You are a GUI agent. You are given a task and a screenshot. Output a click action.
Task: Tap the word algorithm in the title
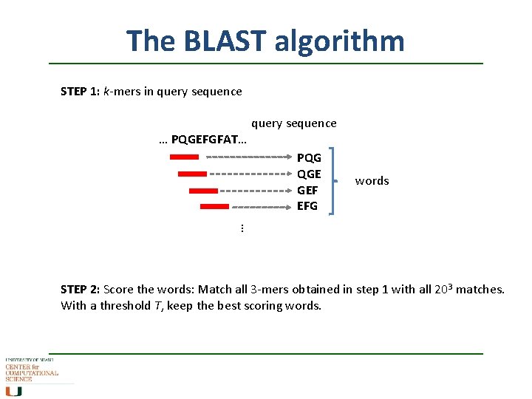coord(339,41)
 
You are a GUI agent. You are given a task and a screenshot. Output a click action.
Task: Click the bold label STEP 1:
coord(81,92)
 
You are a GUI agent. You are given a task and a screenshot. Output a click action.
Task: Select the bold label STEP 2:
coord(81,290)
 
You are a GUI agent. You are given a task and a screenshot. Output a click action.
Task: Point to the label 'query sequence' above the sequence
coord(293,123)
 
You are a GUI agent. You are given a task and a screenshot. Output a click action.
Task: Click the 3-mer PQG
coord(309,158)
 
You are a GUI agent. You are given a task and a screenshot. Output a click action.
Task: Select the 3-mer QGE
coord(309,174)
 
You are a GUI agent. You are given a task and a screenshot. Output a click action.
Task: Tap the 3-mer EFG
coord(307,206)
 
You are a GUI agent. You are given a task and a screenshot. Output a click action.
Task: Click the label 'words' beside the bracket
coord(372,181)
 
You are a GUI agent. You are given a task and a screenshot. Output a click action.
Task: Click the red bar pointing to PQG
coord(184,157)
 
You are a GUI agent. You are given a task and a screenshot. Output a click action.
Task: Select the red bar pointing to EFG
coord(214,207)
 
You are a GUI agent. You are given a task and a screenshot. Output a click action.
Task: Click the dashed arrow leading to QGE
coord(250,174)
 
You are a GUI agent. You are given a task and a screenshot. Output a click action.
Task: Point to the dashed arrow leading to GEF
coord(254,191)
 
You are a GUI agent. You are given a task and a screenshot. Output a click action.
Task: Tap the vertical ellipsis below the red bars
coord(242,229)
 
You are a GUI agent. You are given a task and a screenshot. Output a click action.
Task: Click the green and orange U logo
coord(13,391)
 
